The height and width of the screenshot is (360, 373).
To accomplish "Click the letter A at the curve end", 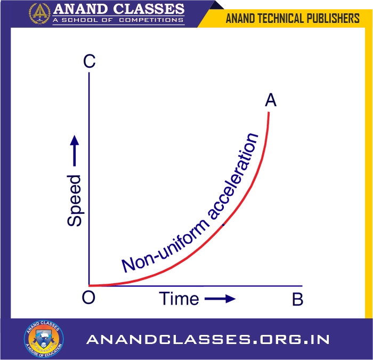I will pos(271,100).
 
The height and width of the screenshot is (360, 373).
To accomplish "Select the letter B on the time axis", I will pos(297,299).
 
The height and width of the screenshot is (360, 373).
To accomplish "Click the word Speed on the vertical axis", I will pos(75,200).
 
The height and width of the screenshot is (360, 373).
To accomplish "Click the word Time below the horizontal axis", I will pos(179,299).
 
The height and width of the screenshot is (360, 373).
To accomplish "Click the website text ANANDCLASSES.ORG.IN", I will pos(208,339).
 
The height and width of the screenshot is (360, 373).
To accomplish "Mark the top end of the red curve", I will pos(269,113).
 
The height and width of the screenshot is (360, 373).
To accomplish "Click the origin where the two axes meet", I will pos(89,286).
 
